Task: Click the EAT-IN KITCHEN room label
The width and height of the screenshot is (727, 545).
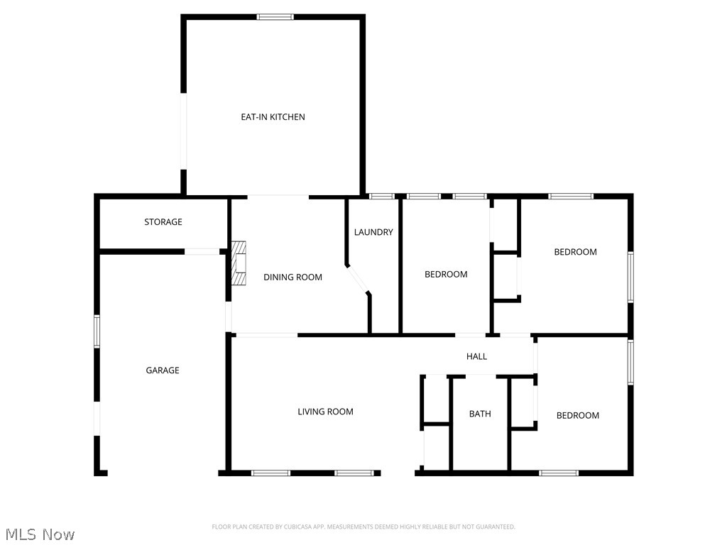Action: [x=273, y=117]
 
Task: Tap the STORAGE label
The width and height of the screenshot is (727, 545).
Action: [x=163, y=222]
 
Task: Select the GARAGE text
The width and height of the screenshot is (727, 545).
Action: [x=163, y=370]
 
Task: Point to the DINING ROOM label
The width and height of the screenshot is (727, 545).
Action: [x=293, y=277]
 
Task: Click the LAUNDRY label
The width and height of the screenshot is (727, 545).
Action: [x=373, y=232]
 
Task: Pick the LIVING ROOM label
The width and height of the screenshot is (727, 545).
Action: [x=325, y=412]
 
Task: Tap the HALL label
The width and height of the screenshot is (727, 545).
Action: [x=476, y=356]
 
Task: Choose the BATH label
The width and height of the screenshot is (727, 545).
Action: [x=480, y=414]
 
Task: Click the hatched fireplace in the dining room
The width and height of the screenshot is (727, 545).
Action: [x=239, y=263]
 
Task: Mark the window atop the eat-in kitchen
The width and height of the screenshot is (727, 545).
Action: [x=275, y=17]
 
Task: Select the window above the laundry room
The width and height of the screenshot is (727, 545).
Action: [x=382, y=196]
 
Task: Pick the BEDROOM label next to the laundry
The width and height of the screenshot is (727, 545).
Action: [x=446, y=275]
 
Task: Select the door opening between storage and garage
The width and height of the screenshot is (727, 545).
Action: [x=202, y=251]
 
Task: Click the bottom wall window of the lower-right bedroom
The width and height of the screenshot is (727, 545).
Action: [x=559, y=473]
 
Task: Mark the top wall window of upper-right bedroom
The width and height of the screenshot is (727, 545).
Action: [x=571, y=196]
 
